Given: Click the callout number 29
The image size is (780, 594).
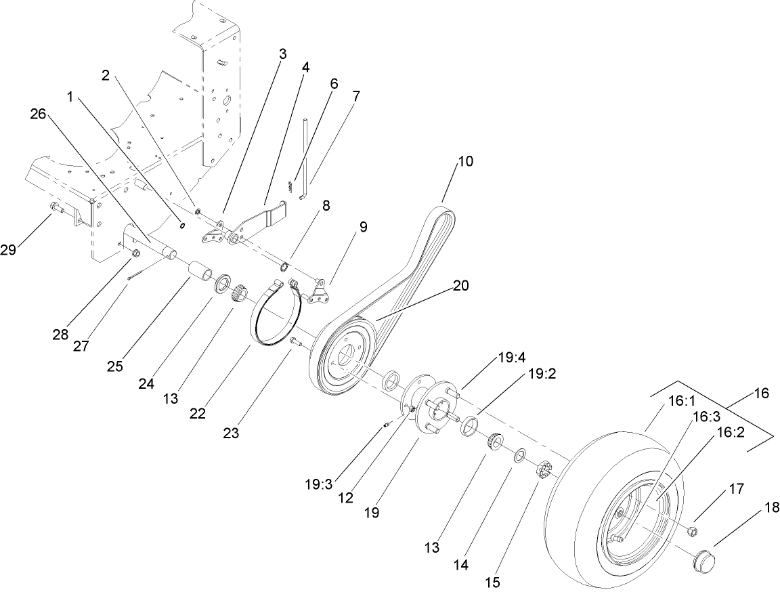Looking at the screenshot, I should click(x=8, y=250).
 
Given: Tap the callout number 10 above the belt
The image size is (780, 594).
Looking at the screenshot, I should click(x=465, y=161).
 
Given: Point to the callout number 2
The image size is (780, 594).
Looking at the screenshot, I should click(x=105, y=75).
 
